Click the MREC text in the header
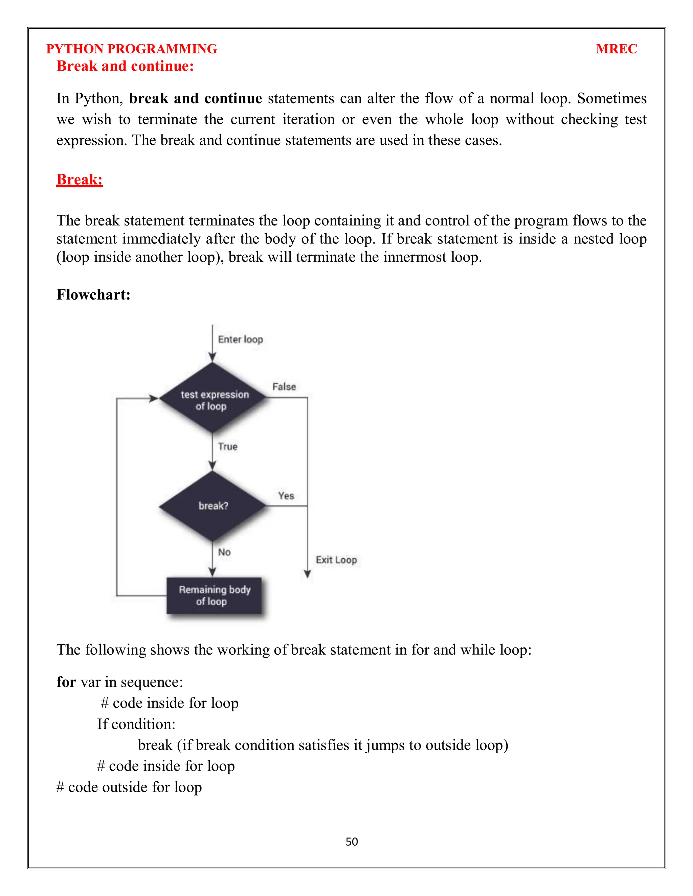coord(616,49)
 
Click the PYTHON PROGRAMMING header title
coord(131,49)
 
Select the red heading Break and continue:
coord(125,66)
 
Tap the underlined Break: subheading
coord(79,179)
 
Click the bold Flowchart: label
coord(93,294)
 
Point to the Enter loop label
coord(240,339)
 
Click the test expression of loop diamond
coord(213,398)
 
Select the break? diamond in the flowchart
coord(213,506)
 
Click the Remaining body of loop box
coord(214,595)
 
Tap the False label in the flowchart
coord(284,386)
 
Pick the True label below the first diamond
coord(227,446)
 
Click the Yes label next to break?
coord(286,496)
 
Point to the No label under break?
coord(224,552)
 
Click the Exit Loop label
coord(336,560)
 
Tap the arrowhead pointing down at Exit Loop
coord(307,574)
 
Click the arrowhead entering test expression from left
coord(153,398)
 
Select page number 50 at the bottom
coord(352,842)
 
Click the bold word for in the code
coord(66,682)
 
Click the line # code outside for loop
coord(129,787)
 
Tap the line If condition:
coord(136,724)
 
